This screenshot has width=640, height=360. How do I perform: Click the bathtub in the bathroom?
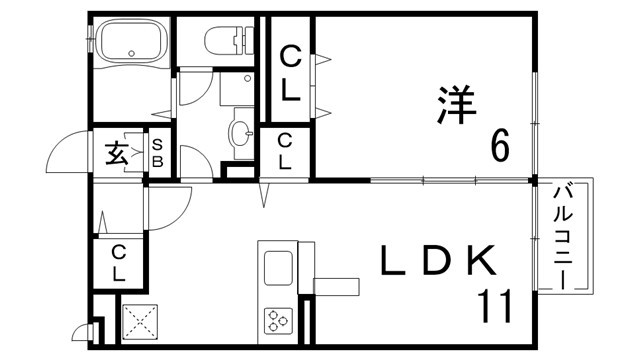133,43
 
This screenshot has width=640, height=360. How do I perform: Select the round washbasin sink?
240,131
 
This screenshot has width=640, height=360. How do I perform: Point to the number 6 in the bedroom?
499,146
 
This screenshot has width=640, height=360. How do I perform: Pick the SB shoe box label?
157,154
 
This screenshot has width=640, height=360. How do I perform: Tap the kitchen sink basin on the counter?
278,268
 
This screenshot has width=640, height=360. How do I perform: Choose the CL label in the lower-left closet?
118,262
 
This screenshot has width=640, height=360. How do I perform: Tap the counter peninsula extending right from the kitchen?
336,285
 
